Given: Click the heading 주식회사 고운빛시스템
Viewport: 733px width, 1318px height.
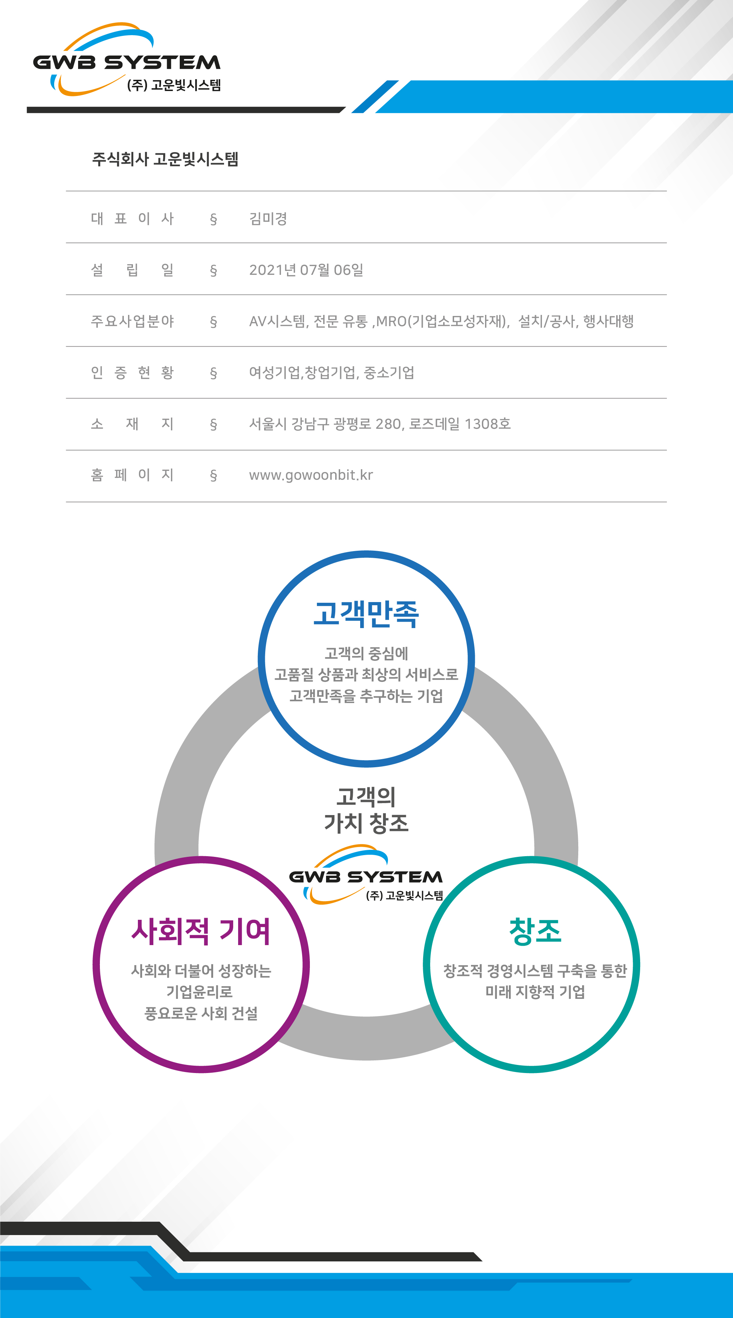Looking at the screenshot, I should (165, 159).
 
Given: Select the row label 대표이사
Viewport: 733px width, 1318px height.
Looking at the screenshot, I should (132, 219).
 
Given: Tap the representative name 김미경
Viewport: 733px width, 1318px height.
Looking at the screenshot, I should (268, 219).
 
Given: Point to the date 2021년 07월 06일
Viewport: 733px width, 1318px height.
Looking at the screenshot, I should (306, 270).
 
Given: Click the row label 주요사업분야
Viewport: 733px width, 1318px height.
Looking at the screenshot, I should (132, 321).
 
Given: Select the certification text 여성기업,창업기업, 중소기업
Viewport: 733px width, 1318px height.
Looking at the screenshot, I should (331, 373).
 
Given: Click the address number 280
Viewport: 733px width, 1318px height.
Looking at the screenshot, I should (388, 424).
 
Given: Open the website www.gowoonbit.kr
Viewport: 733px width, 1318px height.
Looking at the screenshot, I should (311, 475).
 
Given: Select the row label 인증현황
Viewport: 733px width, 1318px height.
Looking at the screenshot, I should (132, 373).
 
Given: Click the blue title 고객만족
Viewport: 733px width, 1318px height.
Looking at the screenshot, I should (366, 614).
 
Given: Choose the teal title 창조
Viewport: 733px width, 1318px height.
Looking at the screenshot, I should (535, 931).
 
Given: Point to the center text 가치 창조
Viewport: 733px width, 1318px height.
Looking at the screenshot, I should (366, 823).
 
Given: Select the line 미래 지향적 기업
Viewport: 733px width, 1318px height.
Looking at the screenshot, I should (535, 992).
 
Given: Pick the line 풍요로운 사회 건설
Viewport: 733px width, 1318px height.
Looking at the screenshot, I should (200, 1014).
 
